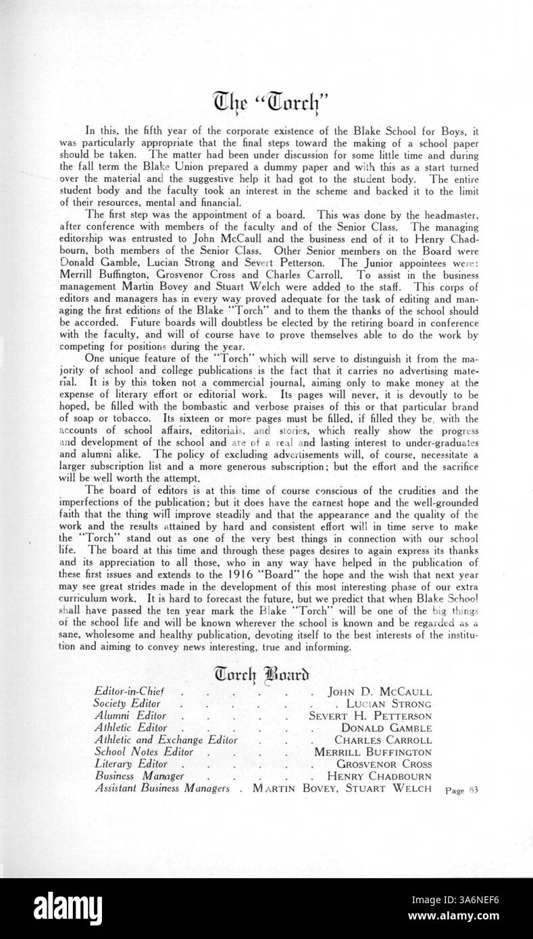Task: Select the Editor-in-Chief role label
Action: click(x=130, y=692)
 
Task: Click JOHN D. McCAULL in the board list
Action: click(x=380, y=692)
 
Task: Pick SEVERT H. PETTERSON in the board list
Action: click(x=370, y=716)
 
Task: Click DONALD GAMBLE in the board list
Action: click(x=386, y=728)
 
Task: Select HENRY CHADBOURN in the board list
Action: click(x=380, y=776)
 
